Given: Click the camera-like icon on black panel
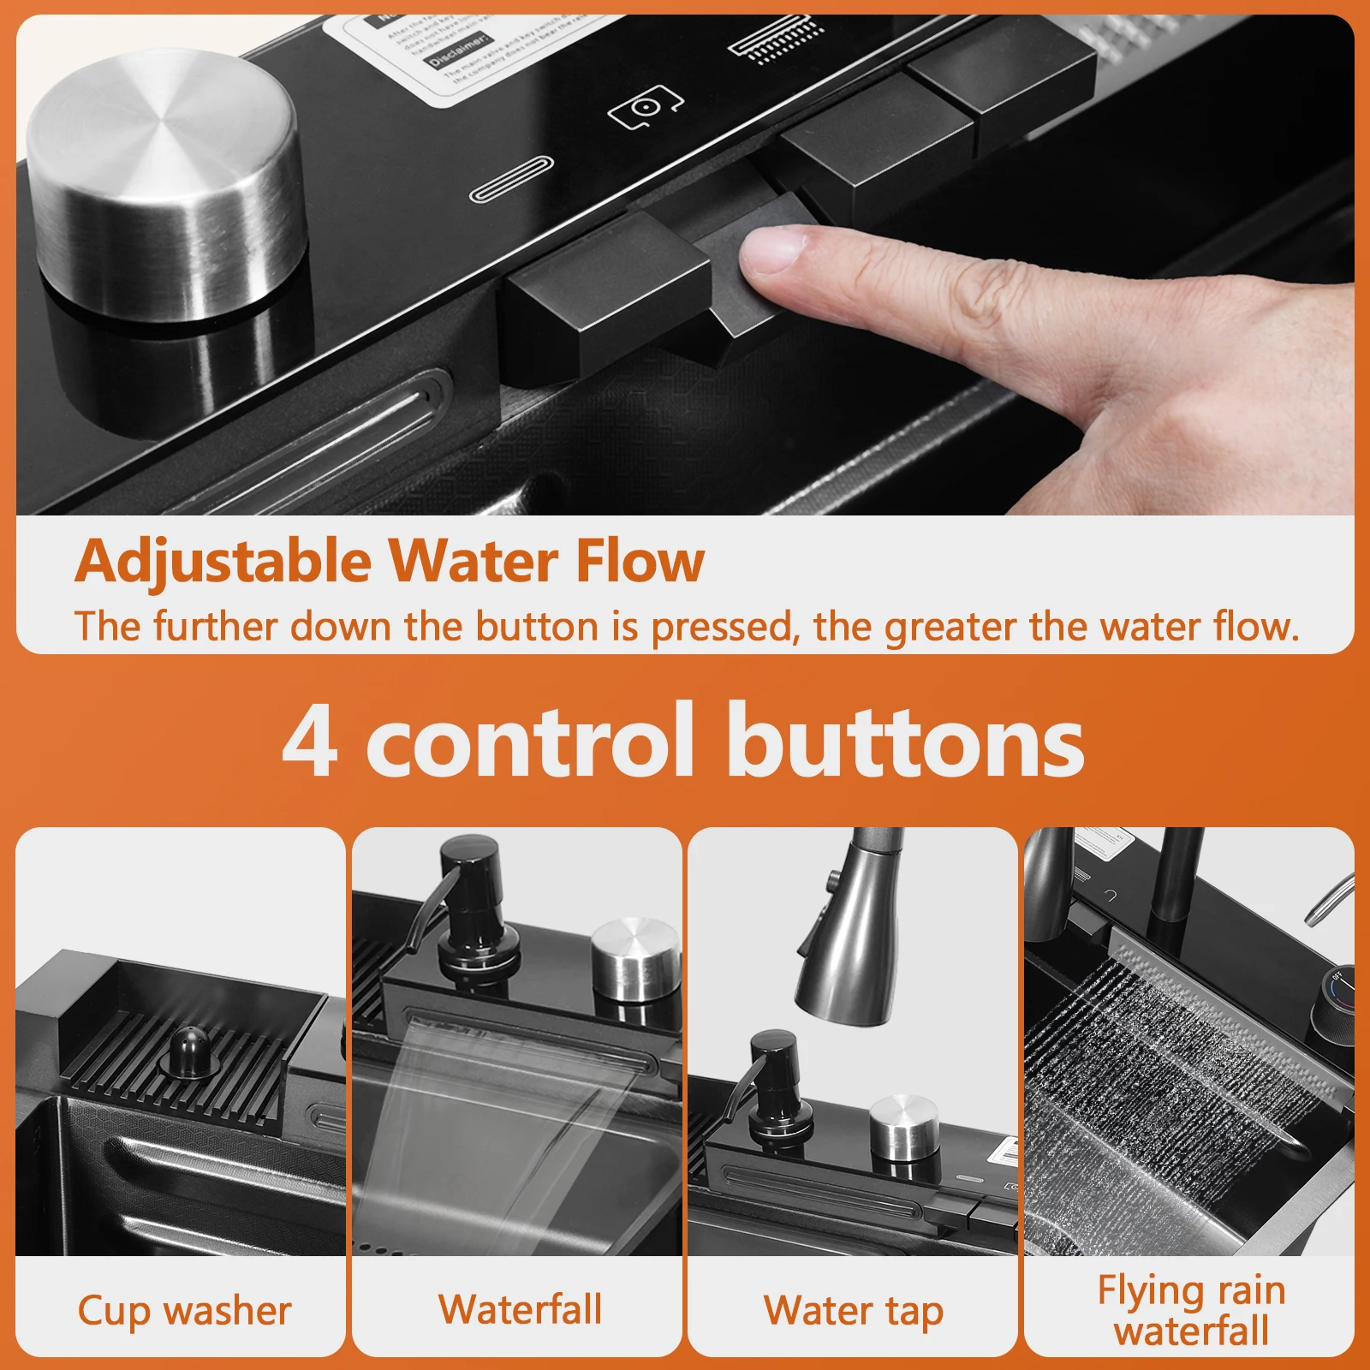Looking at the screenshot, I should coord(645,107).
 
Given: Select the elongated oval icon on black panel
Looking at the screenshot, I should coord(511,179).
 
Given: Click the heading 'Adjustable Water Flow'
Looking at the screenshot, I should coord(390,562).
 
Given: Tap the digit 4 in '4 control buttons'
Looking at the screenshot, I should coord(310,742).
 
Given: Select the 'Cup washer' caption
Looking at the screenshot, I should coord(184,1311).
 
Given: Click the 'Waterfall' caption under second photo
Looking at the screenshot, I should coord(520,1309).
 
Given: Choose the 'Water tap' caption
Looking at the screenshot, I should coord(854,1311).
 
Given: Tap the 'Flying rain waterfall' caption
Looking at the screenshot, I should coord(1191,1310).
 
